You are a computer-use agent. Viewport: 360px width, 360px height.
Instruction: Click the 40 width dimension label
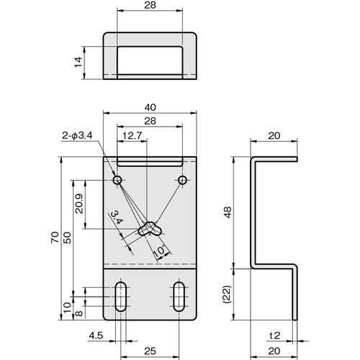150,107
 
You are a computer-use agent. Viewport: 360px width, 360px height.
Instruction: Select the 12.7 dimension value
132,136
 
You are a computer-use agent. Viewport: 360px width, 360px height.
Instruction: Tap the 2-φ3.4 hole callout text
77,136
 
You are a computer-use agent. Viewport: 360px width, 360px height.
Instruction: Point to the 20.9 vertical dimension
79,204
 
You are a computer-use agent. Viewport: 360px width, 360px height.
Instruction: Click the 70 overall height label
55,238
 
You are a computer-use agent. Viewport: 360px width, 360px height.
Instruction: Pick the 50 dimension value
68,238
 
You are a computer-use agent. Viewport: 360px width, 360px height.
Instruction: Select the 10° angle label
159,251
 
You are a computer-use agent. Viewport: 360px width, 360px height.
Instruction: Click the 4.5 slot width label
96,336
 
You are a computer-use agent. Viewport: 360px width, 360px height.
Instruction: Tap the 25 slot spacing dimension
150,351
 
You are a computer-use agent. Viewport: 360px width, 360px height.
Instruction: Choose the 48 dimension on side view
228,212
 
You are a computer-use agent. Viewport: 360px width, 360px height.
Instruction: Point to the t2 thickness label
275,336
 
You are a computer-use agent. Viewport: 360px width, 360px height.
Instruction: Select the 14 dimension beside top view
78,62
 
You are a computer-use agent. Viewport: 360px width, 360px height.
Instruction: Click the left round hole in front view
117,180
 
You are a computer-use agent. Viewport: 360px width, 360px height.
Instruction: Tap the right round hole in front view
183,180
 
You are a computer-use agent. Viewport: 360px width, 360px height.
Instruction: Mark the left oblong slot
121,297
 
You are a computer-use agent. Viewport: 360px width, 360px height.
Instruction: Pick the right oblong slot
179,297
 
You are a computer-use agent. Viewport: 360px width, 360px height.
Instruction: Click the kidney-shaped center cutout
150,229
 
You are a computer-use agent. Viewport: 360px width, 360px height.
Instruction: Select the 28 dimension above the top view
150,5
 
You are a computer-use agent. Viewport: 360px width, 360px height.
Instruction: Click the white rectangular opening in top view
150,60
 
